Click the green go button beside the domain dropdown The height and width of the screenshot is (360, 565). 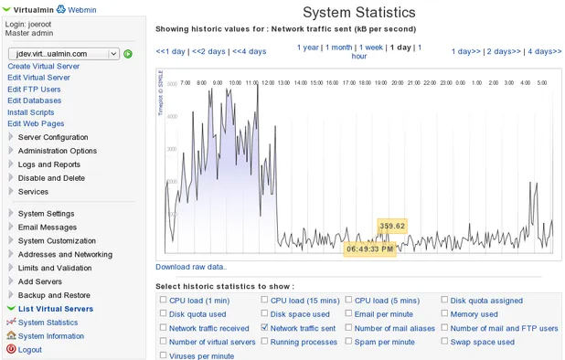pyautogui.click(x=128, y=54)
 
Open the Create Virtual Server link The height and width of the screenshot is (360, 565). pyautogui.click(x=43, y=67)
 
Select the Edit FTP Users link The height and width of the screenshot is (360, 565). pyautogui.click(x=34, y=90)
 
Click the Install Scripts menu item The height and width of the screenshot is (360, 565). pyautogui.click(x=31, y=112)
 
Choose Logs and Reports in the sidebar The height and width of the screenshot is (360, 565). pyautogui.click(x=49, y=164)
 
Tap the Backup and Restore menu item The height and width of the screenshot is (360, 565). pyautogui.click(x=54, y=295)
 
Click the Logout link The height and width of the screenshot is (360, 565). pyautogui.click(x=29, y=350)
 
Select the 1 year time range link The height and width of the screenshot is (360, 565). pyautogui.click(x=308, y=47)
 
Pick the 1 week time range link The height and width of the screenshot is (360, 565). pyautogui.click(x=371, y=47)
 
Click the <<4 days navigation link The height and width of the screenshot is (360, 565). pyautogui.click(x=249, y=51)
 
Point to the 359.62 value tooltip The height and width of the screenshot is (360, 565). pyautogui.click(x=391, y=226)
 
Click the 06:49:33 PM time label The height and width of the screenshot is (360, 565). pyautogui.click(x=370, y=249)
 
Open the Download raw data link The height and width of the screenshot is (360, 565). pyautogui.click(x=191, y=267)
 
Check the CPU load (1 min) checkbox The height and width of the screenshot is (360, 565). pyautogui.click(x=164, y=300)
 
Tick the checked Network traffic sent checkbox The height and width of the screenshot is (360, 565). pyautogui.click(x=265, y=327)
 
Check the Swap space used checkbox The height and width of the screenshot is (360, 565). pyautogui.click(x=445, y=342)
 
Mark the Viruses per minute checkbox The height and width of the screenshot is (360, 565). pyautogui.click(x=164, y=355)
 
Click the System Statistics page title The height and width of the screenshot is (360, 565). pyautogui.click(x=358, y=13)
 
